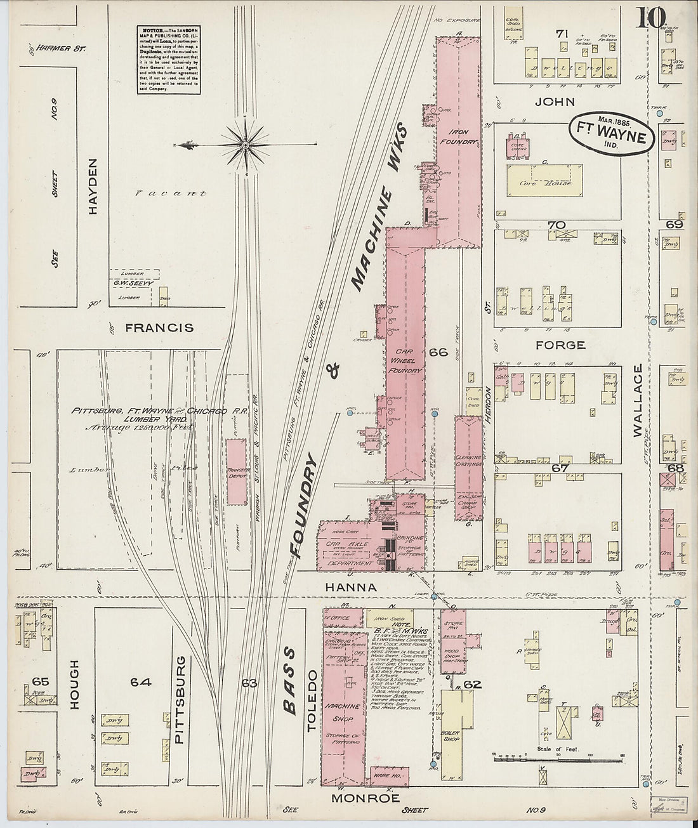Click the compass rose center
click(x=246, y=145)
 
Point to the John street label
click(x=554, y=102)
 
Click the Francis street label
click(x=159, y=328)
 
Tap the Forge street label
click(x=560, y=345)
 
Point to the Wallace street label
click(x=638, y=400)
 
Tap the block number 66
click(x=438, y=352)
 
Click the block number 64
click(x=140, y=682)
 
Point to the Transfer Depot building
click(x=236, y=471)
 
